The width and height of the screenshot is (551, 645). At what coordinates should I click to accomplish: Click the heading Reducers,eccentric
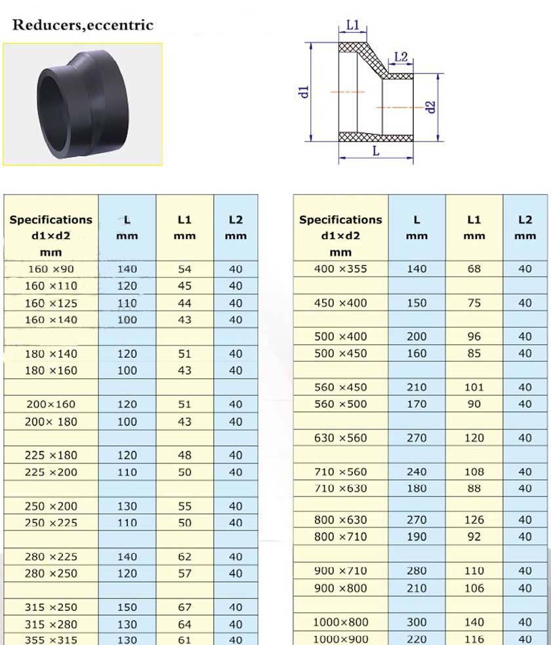(x=83, y=25)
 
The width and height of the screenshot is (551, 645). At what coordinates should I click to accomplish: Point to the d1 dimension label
(x=304, y=92)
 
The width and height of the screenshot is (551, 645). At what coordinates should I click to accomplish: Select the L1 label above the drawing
(x=353, y=25)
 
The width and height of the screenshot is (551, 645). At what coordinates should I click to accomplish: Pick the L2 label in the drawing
(x=400, y=57)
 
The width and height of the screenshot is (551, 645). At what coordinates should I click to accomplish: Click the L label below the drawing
(x=376, y=151)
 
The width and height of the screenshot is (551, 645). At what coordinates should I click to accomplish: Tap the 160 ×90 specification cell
(x=51, y=269)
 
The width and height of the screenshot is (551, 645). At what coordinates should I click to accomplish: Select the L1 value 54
(x=185, y=269)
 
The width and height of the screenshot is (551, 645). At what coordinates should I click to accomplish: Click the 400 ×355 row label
(x=340, y=269)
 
